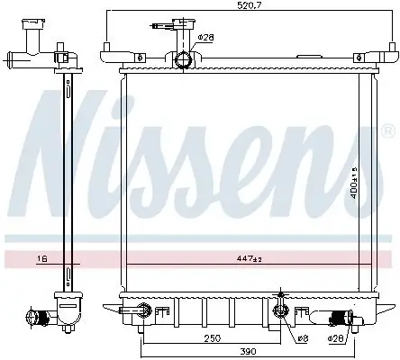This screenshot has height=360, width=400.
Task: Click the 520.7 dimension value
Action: pos(249,5)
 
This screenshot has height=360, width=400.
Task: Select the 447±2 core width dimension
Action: pos(249,258)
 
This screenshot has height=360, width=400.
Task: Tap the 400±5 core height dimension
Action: pos(354,183)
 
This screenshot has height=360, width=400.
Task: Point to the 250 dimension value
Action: pos(213,338)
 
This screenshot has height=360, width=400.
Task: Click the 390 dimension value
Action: pos(248,351)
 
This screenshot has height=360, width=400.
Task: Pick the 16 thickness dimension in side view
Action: pos(42,258)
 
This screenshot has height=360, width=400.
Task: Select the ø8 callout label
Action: pos(303,338)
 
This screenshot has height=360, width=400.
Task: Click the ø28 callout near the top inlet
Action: pos(205,38)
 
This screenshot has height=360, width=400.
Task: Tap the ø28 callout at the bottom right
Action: pos(335,338)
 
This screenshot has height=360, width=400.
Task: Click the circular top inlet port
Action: pos(183,59)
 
